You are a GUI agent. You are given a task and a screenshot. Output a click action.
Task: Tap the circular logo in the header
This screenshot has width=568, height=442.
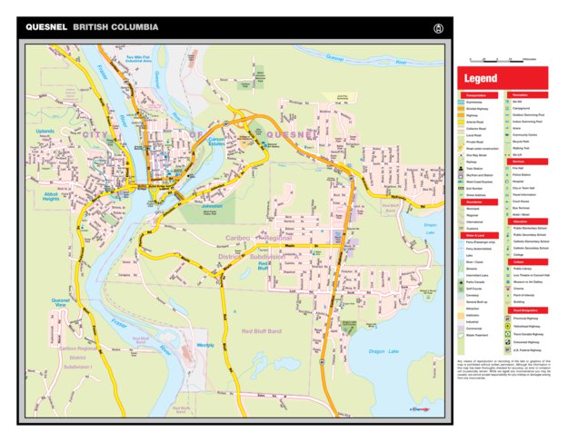[x=439, y=28]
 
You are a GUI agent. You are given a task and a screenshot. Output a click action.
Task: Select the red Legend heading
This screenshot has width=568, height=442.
[x=481, y=79]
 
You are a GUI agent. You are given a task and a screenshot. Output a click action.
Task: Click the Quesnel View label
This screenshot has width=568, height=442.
[x=61, y=303]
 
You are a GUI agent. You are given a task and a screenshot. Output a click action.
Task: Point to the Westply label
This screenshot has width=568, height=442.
[x=205, y=345]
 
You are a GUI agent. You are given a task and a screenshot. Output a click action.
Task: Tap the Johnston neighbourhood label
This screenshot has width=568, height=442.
[x=211, y=206]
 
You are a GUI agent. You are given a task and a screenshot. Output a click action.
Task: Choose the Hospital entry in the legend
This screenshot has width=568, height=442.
[x=520, y=182]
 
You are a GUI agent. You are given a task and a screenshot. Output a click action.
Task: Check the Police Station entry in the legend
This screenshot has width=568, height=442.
[x=522, y=174]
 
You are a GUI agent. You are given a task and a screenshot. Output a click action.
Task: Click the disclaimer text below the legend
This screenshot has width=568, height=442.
[x=501, y=369]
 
